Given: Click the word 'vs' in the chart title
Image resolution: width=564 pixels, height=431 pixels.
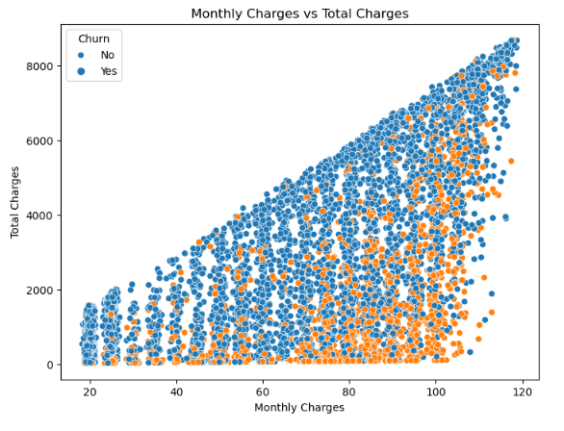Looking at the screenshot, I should pos(302,13).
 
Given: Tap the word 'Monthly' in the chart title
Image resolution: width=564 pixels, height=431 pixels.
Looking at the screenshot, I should pos(218,13).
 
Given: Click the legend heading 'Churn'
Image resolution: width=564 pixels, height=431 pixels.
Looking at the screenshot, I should pos(93,39).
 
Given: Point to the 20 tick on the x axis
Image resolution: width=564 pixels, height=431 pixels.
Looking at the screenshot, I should pos(90,392).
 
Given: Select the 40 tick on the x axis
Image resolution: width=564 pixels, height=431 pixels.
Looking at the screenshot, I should pos(176,392).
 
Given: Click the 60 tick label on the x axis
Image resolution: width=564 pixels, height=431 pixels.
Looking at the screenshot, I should pos(263,392).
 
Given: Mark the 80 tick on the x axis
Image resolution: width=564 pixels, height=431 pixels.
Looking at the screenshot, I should pos(349,392).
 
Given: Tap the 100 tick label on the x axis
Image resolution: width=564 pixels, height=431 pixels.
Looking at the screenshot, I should pos(436,392).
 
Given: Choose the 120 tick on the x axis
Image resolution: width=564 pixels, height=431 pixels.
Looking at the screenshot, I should pos(523,392).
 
